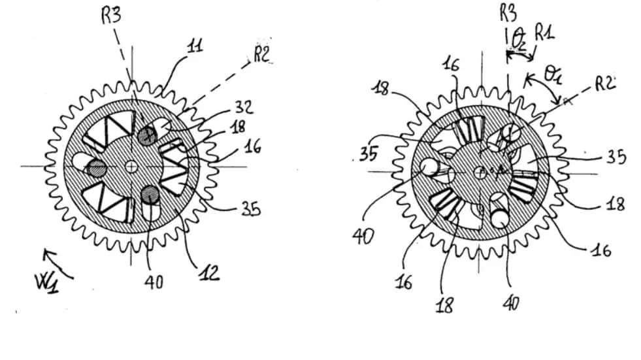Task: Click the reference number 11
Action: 194,46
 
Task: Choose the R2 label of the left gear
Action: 261,55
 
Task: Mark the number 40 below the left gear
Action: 154,283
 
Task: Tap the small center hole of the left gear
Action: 132,167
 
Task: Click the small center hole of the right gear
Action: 480,172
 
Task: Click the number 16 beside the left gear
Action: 253,148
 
